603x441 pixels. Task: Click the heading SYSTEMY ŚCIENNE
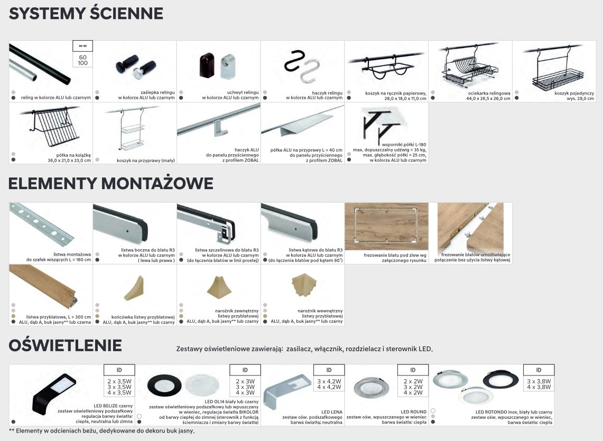86,13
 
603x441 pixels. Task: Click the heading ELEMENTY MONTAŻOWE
111,183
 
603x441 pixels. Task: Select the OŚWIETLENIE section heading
65,345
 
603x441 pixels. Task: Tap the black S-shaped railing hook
294,60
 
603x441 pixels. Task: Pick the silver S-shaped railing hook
310,71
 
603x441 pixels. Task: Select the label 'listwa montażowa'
72,254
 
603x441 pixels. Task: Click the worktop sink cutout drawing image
386,226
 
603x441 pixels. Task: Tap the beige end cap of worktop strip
134,288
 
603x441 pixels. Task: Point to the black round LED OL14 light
164,386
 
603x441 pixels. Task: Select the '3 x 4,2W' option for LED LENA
329,381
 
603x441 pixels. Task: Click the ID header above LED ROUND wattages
413,370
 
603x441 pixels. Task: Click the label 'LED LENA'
331,412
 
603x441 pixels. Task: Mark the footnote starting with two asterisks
101,431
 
